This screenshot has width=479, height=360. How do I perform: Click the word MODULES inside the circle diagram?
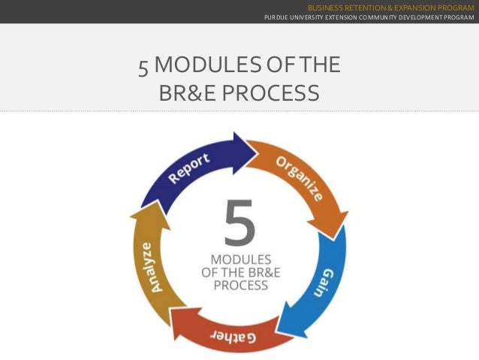240,258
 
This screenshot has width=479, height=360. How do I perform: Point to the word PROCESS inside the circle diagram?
240,286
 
